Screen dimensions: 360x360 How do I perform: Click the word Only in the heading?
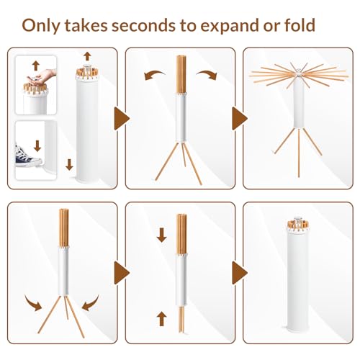point(41,25)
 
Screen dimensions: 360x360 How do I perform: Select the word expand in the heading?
point(230,26)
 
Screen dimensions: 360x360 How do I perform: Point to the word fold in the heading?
point(300,25)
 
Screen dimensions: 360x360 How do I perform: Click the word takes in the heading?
point(86,25)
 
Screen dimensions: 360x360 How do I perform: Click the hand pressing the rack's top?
point(41,76)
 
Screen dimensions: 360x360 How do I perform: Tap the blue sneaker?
point(26,156)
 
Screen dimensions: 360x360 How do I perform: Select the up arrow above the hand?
point(36,66)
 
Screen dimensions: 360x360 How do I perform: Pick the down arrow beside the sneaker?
point(37,146)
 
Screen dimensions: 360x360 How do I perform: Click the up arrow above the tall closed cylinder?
point(87,56)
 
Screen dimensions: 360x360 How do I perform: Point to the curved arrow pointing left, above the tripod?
point(154,75)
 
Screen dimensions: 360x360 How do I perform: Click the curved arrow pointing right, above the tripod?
point(207,74)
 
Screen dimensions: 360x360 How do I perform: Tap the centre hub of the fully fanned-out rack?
point(298,73)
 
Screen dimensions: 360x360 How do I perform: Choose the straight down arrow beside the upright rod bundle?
point(162,235)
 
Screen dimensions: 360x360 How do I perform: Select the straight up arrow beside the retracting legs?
point(161,318)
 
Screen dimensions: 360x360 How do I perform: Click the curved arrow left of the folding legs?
point(33,303)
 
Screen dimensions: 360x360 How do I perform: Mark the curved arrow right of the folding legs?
point(90,303)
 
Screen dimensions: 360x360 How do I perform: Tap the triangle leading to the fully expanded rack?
point(239,119)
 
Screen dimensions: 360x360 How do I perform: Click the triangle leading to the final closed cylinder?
point(239,273)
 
